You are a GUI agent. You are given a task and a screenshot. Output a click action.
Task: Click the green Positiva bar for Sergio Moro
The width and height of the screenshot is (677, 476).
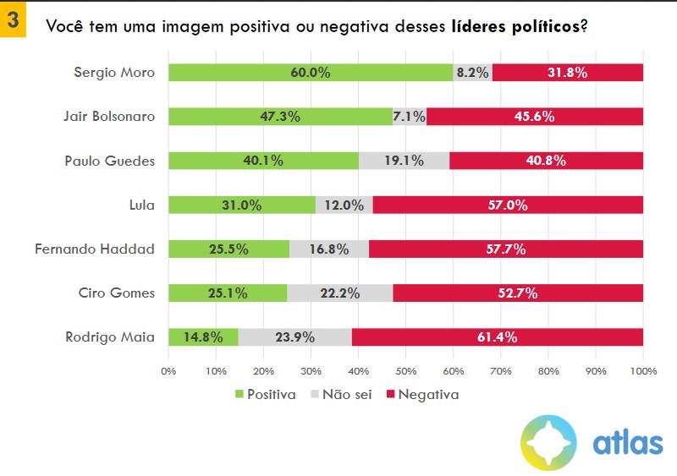coord(311,73)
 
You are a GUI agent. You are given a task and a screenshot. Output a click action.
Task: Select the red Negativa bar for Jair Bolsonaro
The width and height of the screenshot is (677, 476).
coord(535,117)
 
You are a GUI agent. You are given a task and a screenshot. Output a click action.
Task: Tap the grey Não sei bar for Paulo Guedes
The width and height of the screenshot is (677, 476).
coord(404,161)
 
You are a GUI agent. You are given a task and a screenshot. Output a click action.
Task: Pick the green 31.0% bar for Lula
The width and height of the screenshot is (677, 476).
coord(241,205)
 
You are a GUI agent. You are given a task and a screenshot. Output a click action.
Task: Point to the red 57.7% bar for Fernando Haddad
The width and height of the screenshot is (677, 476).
coord(506,249)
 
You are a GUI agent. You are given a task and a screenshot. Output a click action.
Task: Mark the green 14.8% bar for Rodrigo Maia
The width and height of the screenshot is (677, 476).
coord(203,337)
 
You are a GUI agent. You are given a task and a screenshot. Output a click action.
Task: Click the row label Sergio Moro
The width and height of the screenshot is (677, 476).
coord(114,73)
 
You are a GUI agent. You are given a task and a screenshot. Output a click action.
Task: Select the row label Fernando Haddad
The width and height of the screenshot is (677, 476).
coord(95,249)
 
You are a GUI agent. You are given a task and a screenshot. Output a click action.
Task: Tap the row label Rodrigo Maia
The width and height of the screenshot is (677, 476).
coord(110,337)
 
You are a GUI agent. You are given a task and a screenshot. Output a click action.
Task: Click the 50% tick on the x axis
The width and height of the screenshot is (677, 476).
coord(405,371)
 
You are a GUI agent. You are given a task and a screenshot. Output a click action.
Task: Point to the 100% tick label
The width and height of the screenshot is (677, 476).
coord(643,371)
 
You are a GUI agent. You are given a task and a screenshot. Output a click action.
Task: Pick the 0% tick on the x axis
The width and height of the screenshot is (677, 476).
coord(168,371)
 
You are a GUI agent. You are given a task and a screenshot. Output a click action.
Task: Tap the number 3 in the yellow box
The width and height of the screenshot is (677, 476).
coord(13,21)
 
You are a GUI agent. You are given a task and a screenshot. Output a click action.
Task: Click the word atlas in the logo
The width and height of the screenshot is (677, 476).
coord(627,443)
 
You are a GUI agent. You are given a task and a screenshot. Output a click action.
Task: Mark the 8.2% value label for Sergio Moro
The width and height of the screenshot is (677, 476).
coord(472,73)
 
